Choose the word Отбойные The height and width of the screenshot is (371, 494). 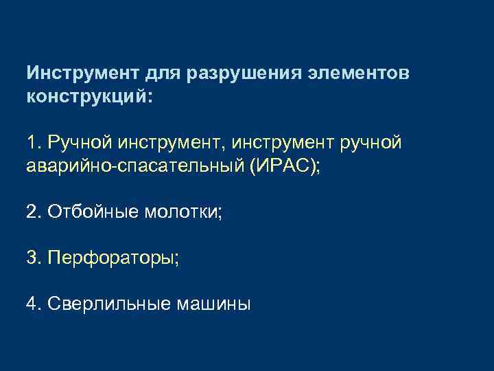92,212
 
